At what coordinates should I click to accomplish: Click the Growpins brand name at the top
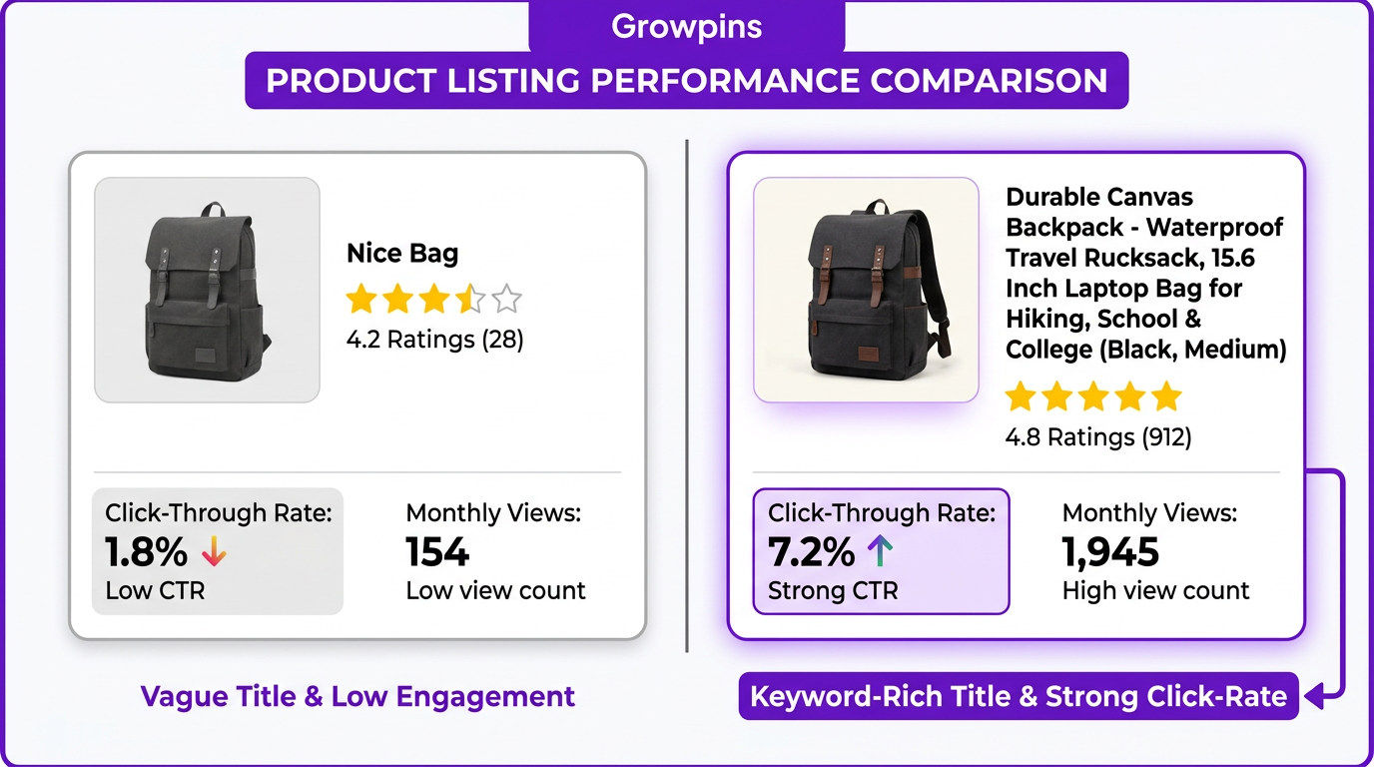click(686, 27)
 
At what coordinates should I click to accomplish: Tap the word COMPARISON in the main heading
click(989, 80)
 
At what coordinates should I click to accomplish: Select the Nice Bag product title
click(402, 254)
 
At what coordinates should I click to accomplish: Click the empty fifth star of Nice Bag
click(506, 299)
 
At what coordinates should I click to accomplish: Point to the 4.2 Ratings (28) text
click(435, 340)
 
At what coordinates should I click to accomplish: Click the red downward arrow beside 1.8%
click(214, 551)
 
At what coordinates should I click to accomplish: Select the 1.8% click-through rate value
click(146, 551)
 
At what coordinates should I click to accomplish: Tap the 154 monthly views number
click(437, 551)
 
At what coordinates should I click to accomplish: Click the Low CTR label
click(155, 591)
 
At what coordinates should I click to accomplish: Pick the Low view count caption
click(495, 591)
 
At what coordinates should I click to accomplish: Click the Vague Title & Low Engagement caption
click(357, 696)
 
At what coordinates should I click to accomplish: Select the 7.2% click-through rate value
click(811, 551)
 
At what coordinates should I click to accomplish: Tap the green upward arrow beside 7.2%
click(881, 550)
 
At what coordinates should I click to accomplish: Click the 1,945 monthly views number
click(1110, 552)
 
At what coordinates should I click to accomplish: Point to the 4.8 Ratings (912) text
click(1098, 437)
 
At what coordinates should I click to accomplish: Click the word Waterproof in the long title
click(1214, 228)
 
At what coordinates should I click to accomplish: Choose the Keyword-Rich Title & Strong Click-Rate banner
click(1019, 696)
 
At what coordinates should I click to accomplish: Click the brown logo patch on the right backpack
click(867, 355)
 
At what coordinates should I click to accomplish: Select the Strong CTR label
click(833, 591)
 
